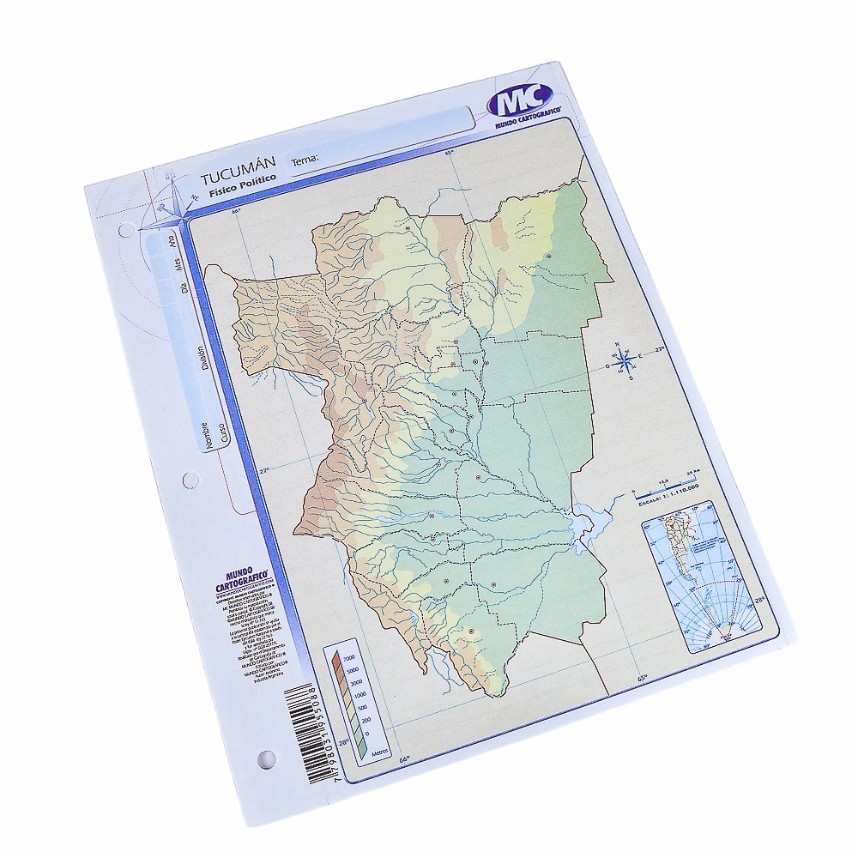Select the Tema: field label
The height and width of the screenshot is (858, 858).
(306, 160)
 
